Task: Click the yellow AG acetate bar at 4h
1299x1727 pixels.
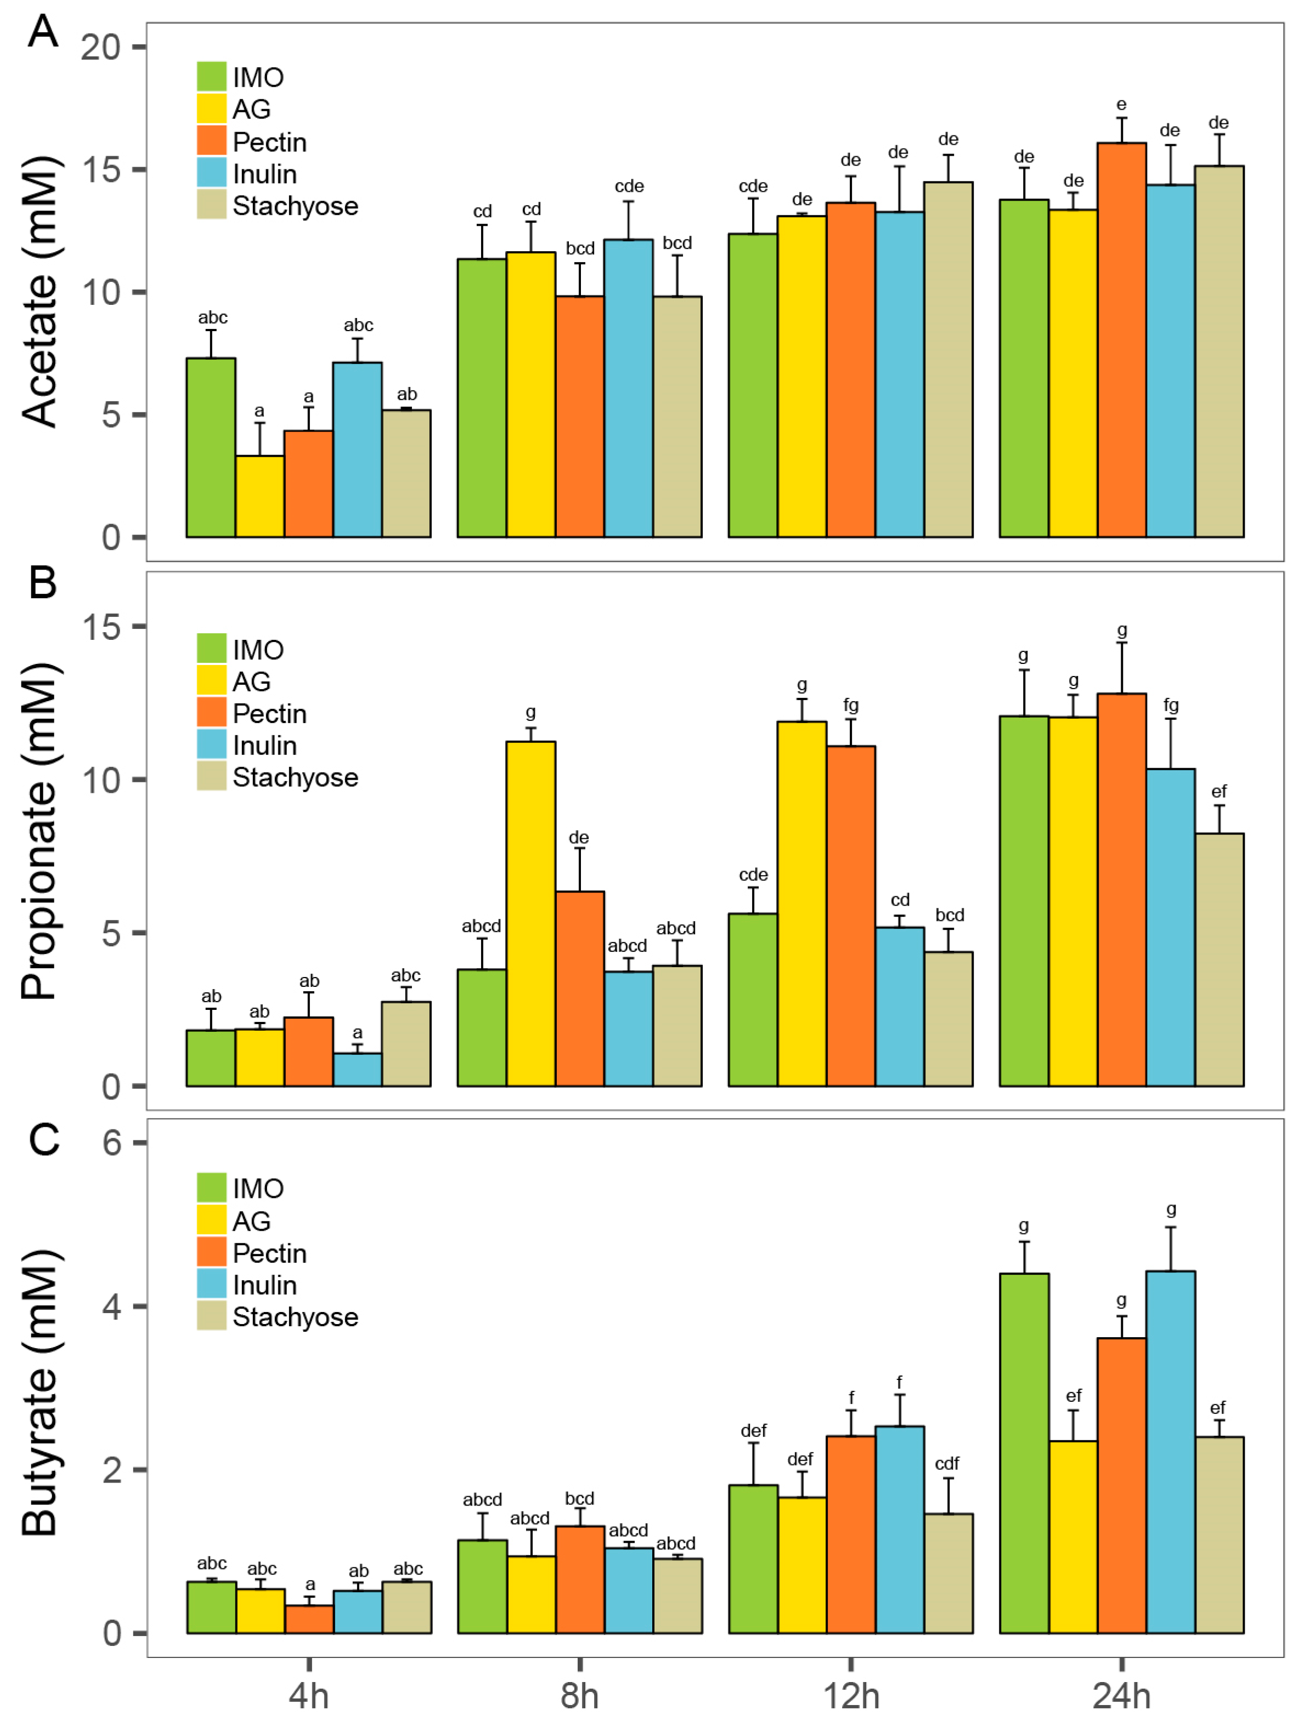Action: (x=259, y=497)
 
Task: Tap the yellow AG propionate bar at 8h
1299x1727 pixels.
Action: (x=530, y=913)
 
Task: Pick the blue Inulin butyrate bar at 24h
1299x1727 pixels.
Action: (x=1170, y=1452)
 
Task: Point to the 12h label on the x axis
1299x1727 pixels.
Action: (x=851, y=1696)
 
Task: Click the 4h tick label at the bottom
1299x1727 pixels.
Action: (x=308, y=1696)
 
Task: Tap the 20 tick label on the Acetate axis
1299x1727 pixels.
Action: (x=101, y=48)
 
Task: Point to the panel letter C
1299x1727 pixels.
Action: (x=44, y=1139)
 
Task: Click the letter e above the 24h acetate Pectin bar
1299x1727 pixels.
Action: (x=1121, y=105)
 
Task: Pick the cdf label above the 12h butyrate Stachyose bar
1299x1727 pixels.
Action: (x=947, y=1463)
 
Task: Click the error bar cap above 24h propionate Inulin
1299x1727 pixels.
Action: (x=1170, y=719)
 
